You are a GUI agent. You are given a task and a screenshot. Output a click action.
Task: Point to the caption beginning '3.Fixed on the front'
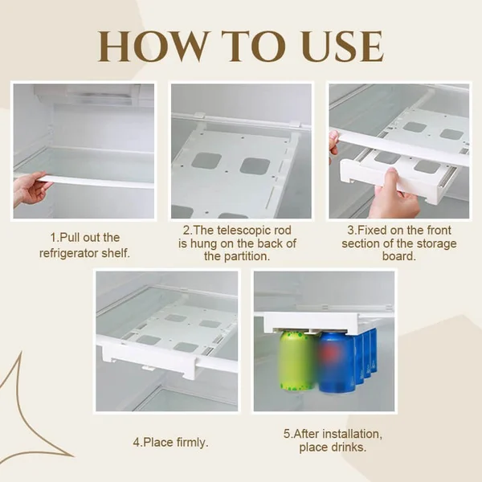pos(399,244)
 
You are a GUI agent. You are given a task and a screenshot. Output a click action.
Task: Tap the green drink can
pos(296,362)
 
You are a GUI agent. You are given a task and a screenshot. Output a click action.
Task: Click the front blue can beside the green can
pos(337,362)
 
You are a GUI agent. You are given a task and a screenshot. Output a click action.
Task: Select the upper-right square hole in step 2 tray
pos(255,165)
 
